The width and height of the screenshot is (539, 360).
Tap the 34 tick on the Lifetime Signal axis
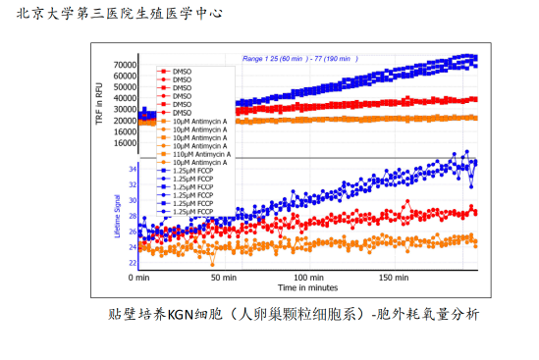[x=131, y=169]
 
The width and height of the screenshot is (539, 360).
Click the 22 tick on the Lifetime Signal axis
[x=131, y=263]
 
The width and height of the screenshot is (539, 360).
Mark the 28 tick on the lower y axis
[x=131, y=216]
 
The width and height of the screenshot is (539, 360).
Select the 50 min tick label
[x=223, y=279]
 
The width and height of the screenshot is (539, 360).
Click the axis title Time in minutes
[x=307, y=288]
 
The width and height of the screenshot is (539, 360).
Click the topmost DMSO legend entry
[x=182, y=72]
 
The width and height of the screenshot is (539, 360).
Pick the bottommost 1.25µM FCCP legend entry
[x=192, y=211]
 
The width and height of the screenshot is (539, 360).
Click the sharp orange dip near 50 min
[x=213, y=264]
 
